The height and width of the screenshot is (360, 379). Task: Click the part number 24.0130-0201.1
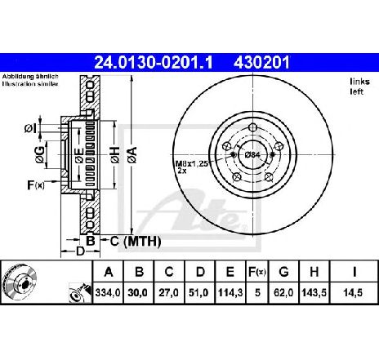[x=154, y=63]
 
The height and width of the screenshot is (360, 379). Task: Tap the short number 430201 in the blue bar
[x=261, y=63]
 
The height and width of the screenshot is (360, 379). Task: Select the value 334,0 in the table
[x=108, y=293]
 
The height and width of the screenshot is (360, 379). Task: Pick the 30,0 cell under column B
[x=138, y=293]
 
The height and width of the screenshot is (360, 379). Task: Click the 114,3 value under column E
[x=230, y=293]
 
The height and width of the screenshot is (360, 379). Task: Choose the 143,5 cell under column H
[x=314, y=293]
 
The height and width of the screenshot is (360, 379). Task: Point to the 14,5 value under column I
[x=353, y=293]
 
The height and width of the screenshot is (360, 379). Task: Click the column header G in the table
[x=283, y=272]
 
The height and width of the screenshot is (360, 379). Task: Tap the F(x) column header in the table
[x=257, y=272]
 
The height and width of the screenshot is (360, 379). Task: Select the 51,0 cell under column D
[x=199, y=293]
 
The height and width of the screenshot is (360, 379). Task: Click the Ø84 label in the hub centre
[x=252, y=155]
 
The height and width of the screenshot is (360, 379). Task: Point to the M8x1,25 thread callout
[x=192, y=164]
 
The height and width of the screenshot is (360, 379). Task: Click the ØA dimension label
[x=132, y=155]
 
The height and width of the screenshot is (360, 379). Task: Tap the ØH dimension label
[x=115, y=155]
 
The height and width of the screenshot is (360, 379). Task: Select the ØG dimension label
[x=40, y=154]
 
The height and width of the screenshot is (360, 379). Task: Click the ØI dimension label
[x=30, y=129]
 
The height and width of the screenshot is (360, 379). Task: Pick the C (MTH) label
[x=136, y=241]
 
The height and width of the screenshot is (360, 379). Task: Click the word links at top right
[x=359, y=82]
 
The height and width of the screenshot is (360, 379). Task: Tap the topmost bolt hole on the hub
[x=253, y=127]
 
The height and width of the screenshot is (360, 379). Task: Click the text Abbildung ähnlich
[x=30, y=77]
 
